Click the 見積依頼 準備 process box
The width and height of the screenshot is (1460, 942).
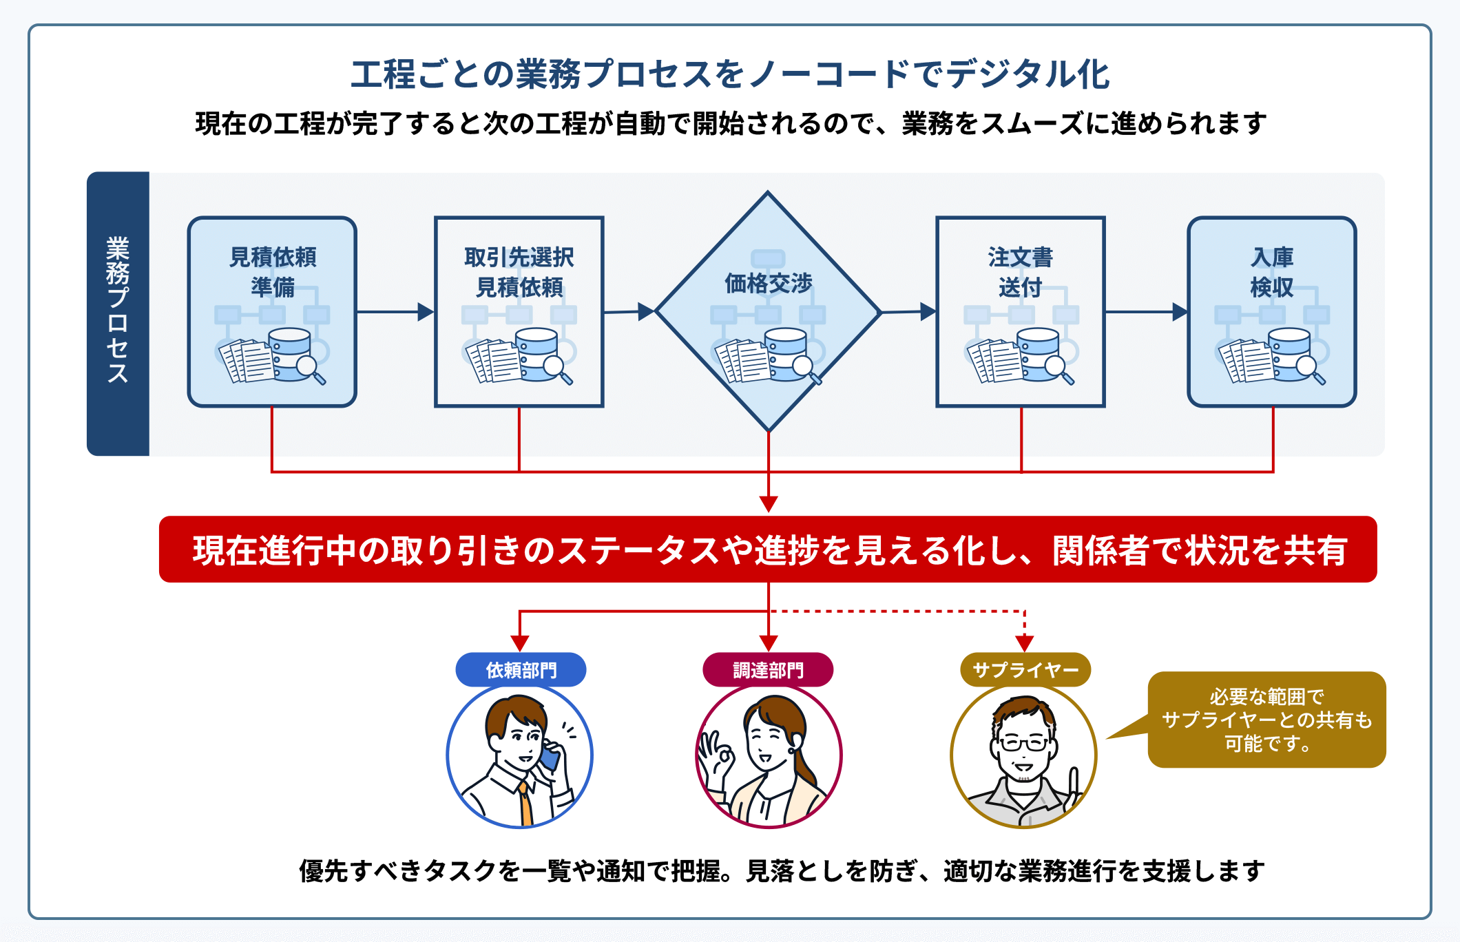(272, 311)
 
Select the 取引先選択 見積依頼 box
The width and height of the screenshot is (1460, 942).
(519, 311)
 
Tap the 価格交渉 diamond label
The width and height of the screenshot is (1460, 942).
(768, 283)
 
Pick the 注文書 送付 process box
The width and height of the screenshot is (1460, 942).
(1020, 311)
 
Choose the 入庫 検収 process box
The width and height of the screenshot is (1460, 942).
(1271, 311)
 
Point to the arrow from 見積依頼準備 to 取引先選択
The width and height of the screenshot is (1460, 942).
(395, 312)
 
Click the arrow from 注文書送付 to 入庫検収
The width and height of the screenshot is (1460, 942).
(1146, 312)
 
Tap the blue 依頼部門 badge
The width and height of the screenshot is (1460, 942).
(521, 670)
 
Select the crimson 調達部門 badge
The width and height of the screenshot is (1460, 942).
(768, 670)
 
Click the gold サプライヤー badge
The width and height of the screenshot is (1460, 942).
(1025, 670)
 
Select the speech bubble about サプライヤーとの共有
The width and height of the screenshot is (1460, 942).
(1266, 720)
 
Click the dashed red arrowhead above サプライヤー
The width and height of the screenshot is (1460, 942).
(1025, 643)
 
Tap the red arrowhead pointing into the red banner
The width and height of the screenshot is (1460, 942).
(769, 504)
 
